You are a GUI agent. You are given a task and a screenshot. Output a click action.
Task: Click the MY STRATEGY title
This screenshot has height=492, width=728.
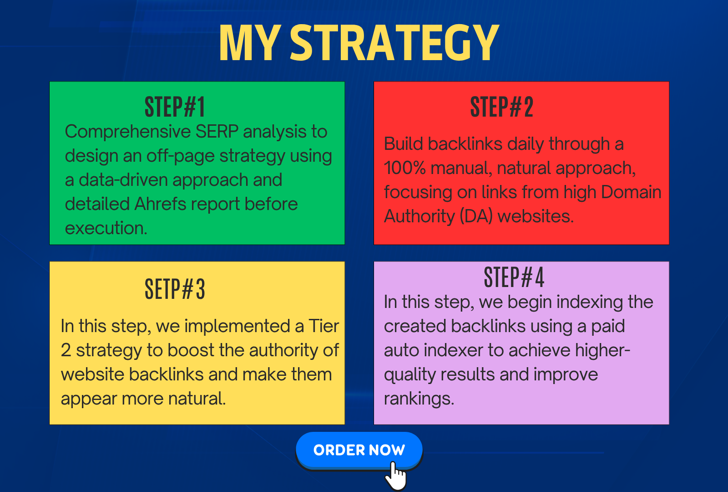[359, 43]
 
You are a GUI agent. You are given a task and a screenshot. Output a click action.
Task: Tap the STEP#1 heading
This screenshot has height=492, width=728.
[175, 107]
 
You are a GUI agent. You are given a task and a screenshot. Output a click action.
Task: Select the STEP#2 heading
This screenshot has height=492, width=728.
[502, 107]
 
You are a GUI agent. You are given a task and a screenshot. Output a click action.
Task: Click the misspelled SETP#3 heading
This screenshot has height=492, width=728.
[175, 289]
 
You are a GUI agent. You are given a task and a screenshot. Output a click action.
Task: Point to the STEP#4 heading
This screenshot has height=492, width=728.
[514, 277]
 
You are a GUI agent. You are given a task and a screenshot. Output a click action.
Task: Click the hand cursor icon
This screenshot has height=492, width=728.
[395, 476]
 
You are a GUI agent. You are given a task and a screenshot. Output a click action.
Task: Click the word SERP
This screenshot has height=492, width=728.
[217, 132]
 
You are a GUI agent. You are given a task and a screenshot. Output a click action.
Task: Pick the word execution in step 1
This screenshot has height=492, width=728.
[106, 228]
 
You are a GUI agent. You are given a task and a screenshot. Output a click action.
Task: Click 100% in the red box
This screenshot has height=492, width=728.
[404, 168]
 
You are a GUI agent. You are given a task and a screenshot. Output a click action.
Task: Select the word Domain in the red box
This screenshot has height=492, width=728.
[631, 192]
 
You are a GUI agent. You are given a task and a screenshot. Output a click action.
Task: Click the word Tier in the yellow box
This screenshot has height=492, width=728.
[324, 326]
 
